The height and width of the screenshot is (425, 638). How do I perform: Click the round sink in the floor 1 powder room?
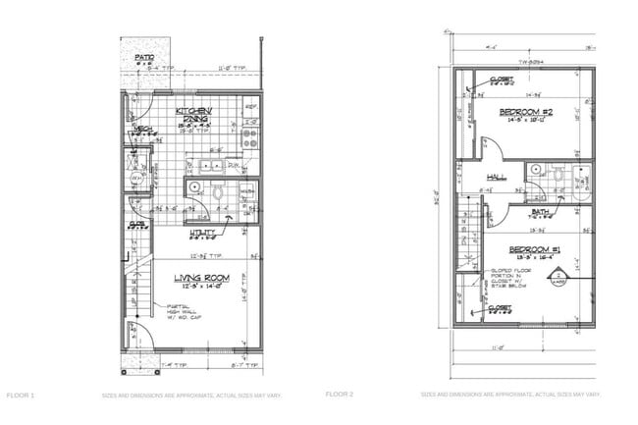pos(194,186)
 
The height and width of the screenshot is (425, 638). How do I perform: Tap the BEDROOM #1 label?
pos(528,251)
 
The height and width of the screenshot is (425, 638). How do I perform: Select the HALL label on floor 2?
pos(494,177)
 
